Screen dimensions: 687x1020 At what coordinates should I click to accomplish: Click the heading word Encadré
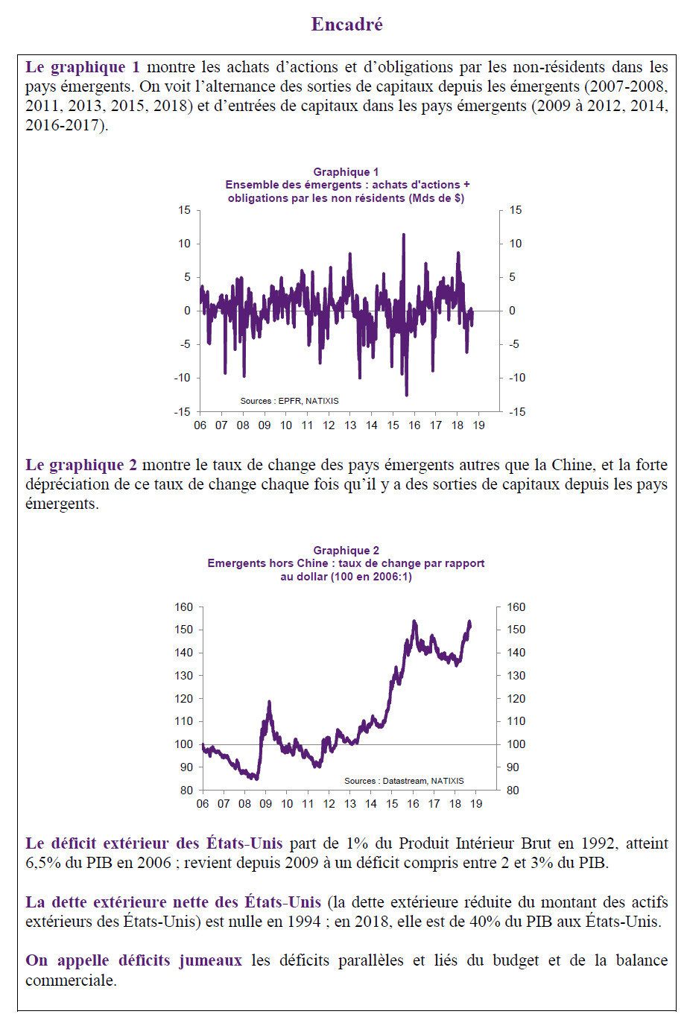click(x=347, y=24)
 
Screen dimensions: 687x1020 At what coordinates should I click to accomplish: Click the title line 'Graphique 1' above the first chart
click(x=346, y=172)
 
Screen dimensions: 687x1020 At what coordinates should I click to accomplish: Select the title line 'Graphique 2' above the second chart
click(x=346, y=551)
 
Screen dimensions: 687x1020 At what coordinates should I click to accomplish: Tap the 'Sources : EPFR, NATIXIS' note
click(x=290, y=401)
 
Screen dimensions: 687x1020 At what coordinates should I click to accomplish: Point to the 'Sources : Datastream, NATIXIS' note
click(x=404, y=781)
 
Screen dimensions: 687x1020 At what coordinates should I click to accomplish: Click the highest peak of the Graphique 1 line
click(x=403, y=235)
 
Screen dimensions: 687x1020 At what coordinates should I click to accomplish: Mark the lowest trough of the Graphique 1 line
click(x=407, y=395)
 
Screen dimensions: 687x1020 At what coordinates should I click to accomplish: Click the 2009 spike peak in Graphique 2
click(x=269, y=702)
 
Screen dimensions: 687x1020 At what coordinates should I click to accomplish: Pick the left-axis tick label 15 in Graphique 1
click(x=184, y=210)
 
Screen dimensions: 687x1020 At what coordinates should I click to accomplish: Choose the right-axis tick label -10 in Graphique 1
click(x=516, y=378)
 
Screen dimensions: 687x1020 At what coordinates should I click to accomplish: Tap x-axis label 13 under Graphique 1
click(x=350, y=425)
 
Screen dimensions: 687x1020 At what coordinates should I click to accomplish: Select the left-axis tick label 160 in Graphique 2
click(x=184, y=607)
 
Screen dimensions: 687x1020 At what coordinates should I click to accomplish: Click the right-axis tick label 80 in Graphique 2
click(x=513, y=790)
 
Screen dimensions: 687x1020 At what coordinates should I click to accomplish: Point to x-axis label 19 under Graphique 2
click(x=476, y=804)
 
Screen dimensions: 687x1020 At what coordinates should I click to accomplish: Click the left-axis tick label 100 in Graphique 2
click(x=184, y=744)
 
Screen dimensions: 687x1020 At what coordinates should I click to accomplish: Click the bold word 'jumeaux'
click(x=210, y=960)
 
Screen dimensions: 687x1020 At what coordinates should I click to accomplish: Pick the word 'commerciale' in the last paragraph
click(x=71, y=980)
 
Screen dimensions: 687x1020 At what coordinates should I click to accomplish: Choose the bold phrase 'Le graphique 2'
click(x=81, y=465)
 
